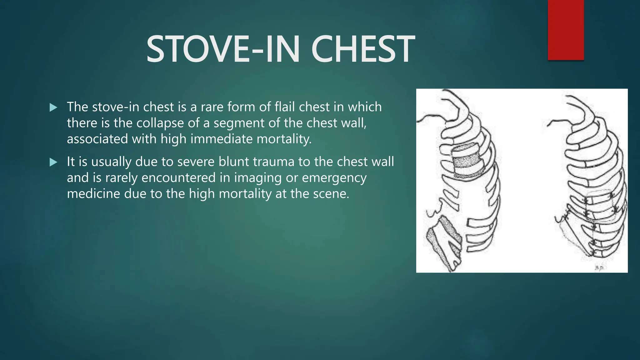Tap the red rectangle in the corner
(566, 30)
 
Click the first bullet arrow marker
(53, 108)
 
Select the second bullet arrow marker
(53, 162)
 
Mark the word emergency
(334, 178)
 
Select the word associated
(97, 139)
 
